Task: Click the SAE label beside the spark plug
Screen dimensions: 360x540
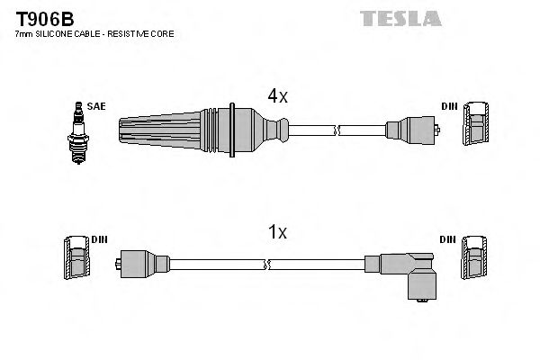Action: tap(96, 106)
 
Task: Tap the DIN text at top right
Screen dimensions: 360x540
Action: tap(448, 106)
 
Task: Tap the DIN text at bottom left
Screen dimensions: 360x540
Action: tap(99, 239)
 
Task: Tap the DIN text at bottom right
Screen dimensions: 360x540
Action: tap(448, 239)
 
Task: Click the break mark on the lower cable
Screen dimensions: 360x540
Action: tap(267, 265)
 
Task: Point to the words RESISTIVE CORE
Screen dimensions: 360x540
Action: tap(143, 33)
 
